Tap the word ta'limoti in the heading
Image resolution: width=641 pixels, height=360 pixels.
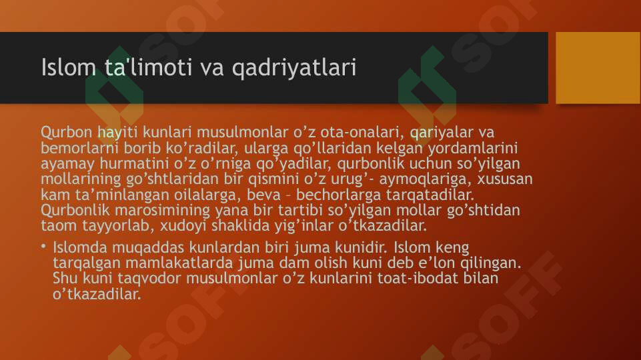[142, 67]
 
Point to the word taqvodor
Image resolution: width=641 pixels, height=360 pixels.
[133, 278]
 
